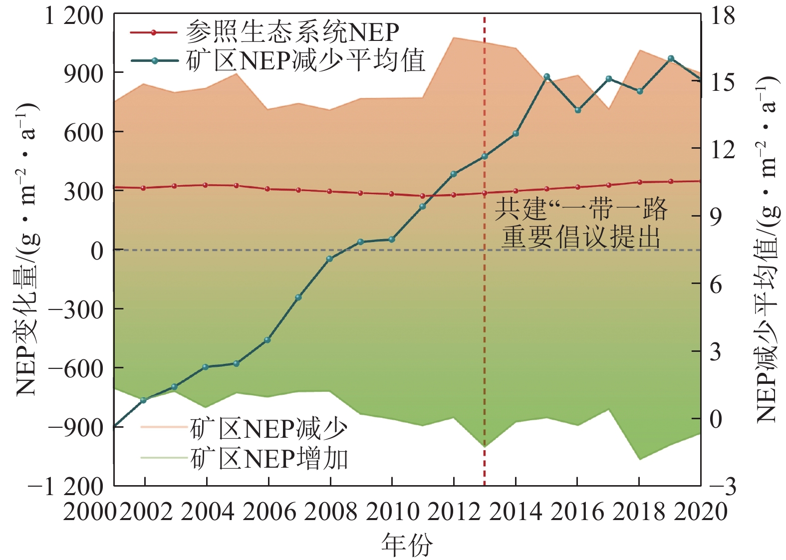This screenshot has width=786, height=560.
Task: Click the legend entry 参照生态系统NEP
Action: click(x=292, y=32)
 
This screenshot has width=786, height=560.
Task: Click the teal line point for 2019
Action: click(x=671, y=58)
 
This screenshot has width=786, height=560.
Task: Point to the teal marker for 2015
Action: click(x=547, y=76)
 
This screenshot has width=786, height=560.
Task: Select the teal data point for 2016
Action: click(x=578, y=110)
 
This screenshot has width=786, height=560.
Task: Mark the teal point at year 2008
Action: click(x=329, y=259)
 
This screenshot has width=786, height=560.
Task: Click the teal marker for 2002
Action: click(x=144, y=400)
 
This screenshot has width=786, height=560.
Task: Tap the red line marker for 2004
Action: click(x=206, y=185)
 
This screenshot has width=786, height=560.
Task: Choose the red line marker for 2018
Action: click(x=640, y=182)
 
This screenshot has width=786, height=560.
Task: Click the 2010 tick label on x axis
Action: click(x=392, y=512)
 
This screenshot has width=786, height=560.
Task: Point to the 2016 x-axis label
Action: click(x=577, y=512)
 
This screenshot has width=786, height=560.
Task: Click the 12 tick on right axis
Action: click(x=722, y=149)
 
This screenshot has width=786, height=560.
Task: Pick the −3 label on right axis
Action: click(x=722, y=486)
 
